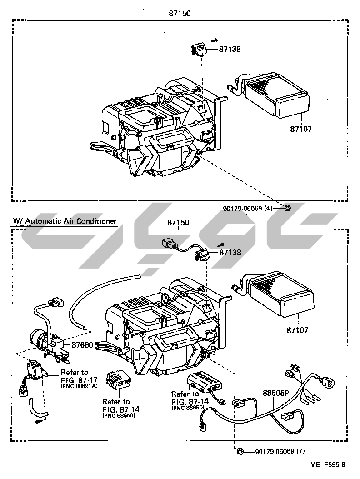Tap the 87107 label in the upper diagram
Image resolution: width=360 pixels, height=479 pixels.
coord(301,129)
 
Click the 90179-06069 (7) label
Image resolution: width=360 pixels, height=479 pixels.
coord(279,452)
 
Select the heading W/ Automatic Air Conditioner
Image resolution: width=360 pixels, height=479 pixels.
coord(65,221)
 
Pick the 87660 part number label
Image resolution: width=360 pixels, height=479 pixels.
coord(82,345)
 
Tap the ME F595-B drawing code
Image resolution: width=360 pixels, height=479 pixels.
coord(328,464)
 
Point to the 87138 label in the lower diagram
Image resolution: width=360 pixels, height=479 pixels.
coord(230,253)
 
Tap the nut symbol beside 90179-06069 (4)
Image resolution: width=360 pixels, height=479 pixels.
coord(287,208)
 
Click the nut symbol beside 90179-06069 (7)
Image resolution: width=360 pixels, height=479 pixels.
coord(241,451)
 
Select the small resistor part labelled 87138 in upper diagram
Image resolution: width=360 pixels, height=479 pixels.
coord(199,49)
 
